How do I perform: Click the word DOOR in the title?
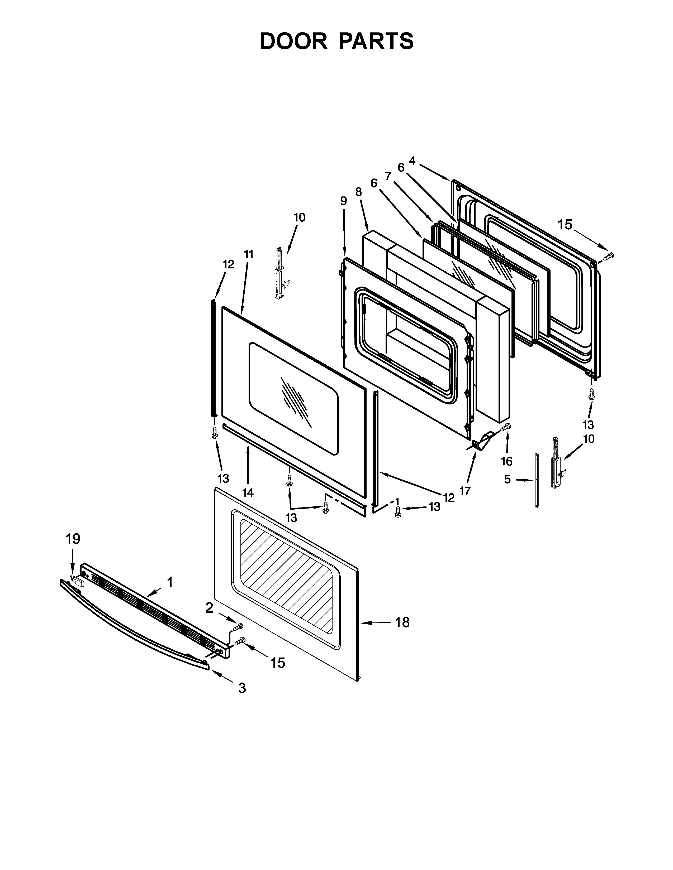[x=293, y=41]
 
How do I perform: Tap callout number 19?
[x=73, y=539]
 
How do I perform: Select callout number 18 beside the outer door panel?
[x=402, y=622]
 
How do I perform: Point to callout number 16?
[x=506, y=461]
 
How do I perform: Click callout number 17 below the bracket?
[x=465, y=491]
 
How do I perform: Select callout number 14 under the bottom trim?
[x=248, y=492]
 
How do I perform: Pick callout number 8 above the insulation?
[x=358, y=192]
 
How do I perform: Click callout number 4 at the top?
[x=412, y=161]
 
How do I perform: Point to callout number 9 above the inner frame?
[x=343, y=201]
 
